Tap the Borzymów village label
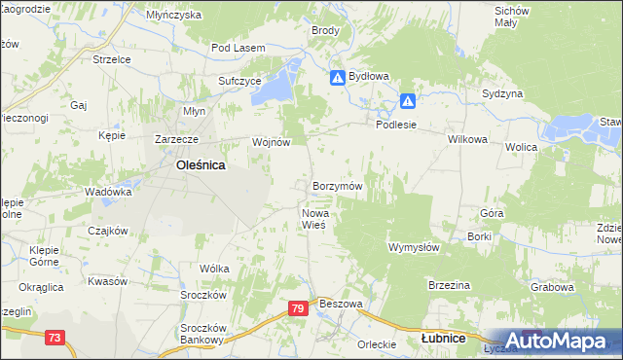(338, 185)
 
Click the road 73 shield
(55, 337)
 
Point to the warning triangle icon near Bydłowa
(337, 77)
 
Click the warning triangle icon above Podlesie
(408, 100)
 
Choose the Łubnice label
(442, 339)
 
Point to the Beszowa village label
(341, 304)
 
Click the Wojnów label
(272, 142)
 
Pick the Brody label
(325, 30)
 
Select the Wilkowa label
(467, 139)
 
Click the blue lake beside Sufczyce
(281, 80)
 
